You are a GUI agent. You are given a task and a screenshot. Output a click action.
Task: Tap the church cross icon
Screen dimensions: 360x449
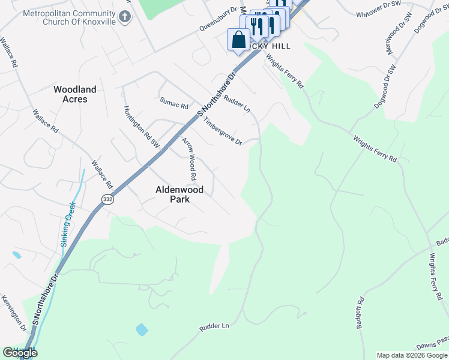(125, 16)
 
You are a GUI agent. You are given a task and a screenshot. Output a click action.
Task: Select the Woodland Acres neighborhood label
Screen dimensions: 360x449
(75, 94)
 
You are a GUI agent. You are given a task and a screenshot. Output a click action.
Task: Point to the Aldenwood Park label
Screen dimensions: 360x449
(179, 194)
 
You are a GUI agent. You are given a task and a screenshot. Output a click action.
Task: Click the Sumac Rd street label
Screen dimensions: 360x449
(174, 104)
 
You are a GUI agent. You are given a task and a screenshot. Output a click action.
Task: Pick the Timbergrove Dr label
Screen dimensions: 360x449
(222, 131)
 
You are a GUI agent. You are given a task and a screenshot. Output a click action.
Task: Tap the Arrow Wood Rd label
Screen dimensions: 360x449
(190, 160)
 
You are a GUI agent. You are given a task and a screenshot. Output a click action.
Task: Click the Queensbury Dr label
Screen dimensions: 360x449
(219, 20)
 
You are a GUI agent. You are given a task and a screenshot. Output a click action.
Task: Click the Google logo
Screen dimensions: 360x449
(20, 353)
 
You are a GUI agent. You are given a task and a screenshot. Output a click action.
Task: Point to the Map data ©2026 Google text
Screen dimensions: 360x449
(412, 355)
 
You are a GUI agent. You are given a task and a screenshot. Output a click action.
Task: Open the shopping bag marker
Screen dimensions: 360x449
(238, 40)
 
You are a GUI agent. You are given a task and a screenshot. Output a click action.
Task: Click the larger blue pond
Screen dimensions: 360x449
(142, 329)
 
